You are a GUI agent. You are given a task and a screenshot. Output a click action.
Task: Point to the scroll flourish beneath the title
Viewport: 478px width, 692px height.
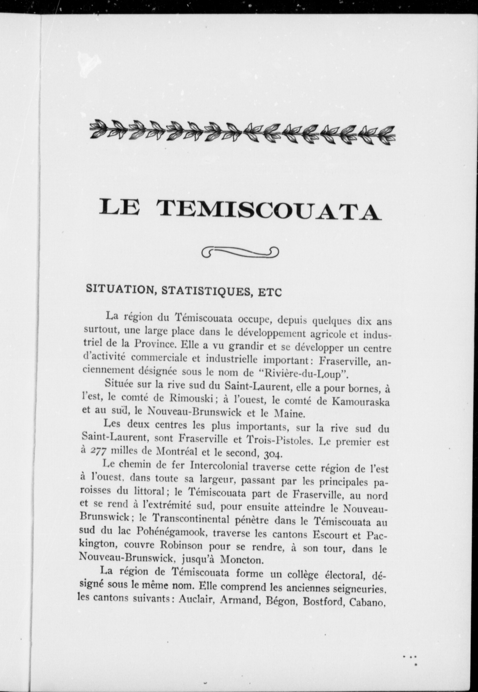click(240, 252)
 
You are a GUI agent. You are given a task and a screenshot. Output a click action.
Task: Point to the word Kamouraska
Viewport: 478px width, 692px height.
click(361, 403)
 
